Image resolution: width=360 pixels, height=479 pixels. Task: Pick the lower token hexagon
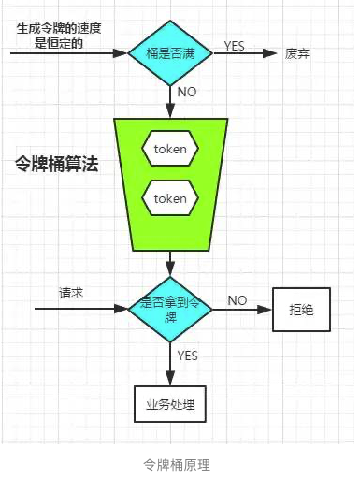coord(169,198)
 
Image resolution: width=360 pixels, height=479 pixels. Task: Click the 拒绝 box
coord(300,309)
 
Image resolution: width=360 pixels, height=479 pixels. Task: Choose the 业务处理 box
coord(169,404)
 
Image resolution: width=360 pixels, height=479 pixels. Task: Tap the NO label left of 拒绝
coord(237,299)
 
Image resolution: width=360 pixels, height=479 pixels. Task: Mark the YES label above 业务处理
coord(187,356)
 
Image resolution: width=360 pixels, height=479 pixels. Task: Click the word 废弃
coord(297,52)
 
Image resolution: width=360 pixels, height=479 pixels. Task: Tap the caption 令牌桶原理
coord(177,464)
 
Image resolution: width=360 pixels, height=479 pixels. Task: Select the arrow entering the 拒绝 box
coord(240,309)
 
